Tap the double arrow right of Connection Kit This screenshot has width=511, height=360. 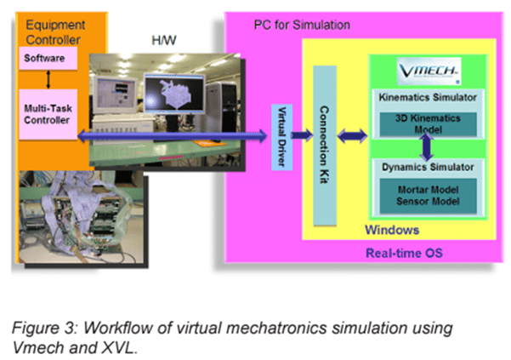tap(352, 134)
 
